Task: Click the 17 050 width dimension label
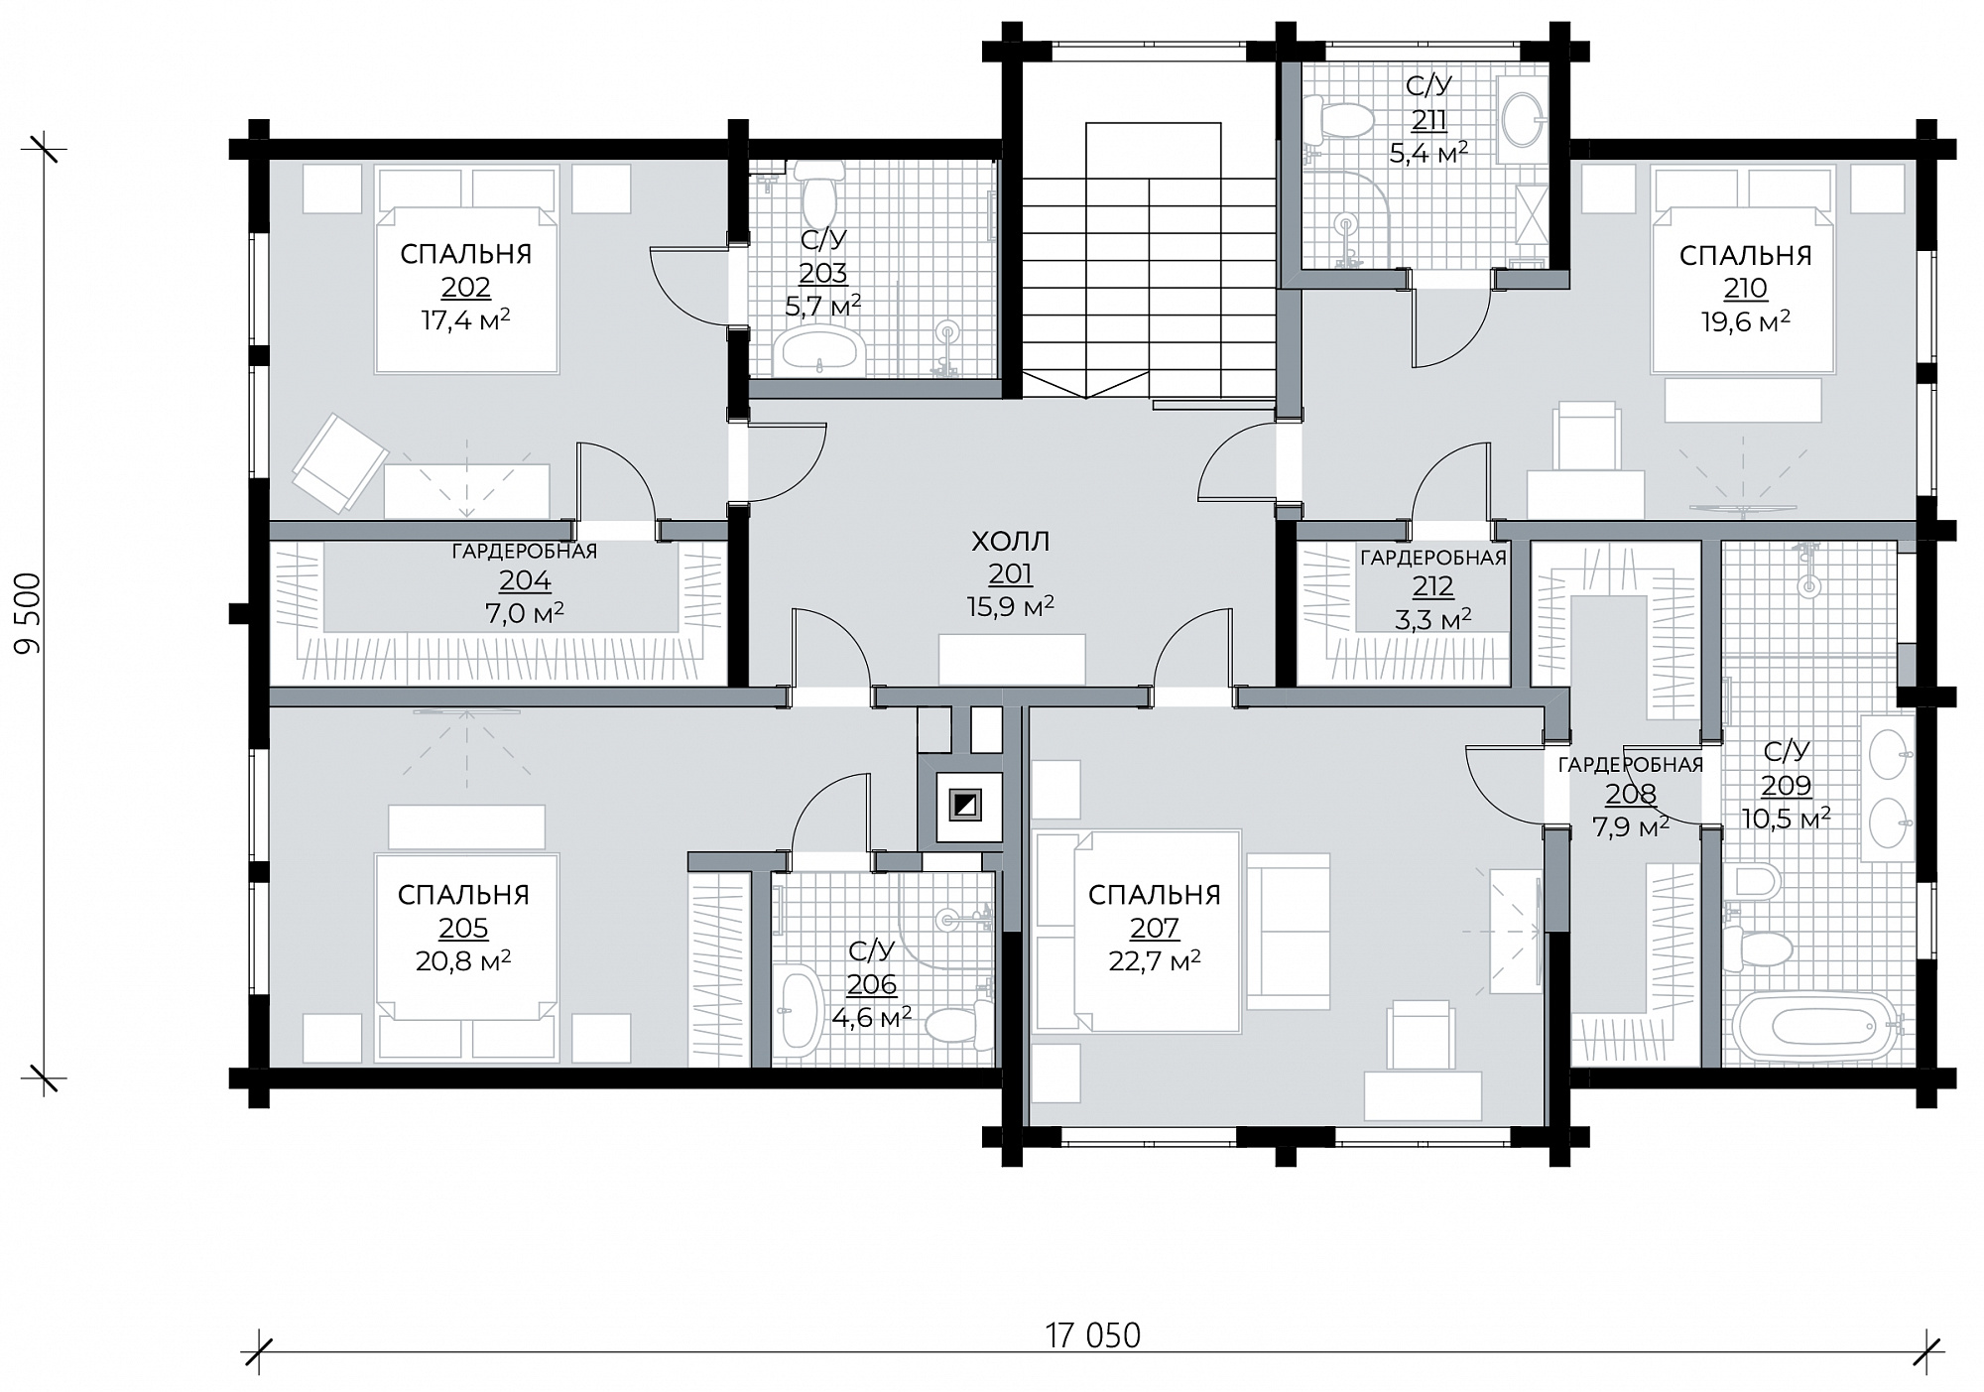tap(1092, 1335)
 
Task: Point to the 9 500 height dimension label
tap(30, 612)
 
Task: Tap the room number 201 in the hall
tap(1010, 574)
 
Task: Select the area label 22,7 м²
tap(1155, 960)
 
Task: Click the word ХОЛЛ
tap(1010, 542)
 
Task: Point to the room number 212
tap(1432, 587)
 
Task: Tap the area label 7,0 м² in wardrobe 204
tap(525, 613)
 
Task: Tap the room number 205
tap(463, 929)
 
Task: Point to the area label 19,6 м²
tap(1746, 320)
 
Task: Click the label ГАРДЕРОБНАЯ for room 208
tap(1631, 765)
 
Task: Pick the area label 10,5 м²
tap(1786, 818)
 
